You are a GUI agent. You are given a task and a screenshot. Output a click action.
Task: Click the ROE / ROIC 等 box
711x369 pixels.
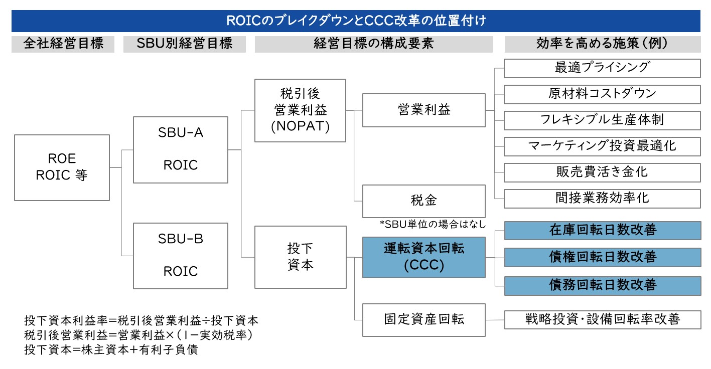point(62,167)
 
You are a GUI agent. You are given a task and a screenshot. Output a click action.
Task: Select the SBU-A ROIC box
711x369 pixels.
point(181,150)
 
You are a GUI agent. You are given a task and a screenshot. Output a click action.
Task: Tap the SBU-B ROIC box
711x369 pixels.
point(181,256)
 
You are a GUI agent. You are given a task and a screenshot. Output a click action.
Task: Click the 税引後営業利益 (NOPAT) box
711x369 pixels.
point(300,110)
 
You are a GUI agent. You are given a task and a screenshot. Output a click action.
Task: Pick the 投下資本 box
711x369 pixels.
point(300,257)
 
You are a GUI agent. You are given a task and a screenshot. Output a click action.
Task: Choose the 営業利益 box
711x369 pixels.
point(424,110)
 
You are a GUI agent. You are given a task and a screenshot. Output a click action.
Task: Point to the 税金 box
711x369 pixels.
point(424,201)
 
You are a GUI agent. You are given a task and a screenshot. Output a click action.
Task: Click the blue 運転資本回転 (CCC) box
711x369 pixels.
point(424,257)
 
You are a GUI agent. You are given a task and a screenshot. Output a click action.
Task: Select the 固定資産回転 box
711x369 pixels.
point(424,320)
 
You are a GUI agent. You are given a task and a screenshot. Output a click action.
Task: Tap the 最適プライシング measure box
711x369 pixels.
point(602,68)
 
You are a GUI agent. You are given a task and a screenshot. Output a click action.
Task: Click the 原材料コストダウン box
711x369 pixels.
point(602,94)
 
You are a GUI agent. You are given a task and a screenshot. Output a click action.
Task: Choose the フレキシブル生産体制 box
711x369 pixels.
point(602,120)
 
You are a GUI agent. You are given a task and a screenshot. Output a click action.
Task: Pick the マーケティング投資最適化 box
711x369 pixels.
point(602,146)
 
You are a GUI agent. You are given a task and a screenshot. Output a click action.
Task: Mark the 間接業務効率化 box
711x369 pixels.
point(602,199)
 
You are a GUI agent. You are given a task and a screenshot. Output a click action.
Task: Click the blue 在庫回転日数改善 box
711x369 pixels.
point(603,230)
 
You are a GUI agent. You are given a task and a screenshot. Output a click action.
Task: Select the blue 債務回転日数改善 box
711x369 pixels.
point(603,286)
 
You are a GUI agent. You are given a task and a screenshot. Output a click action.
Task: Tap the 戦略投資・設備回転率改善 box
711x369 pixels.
point(603,320)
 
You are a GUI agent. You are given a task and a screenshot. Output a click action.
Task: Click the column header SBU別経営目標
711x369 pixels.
point(185,44)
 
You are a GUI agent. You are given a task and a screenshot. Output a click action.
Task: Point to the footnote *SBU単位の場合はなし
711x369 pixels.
point(433,225)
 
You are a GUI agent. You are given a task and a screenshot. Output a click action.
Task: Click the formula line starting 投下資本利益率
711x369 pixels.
point(141,320)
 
